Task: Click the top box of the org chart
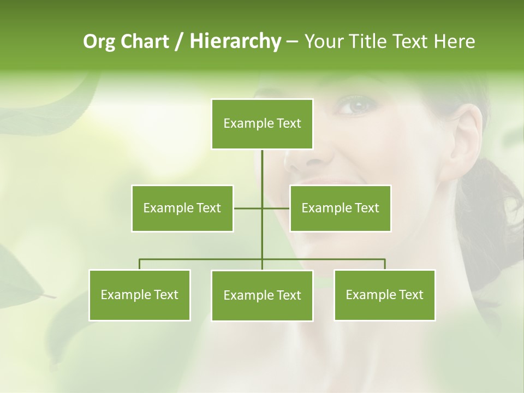262,124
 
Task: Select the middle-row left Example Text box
182,208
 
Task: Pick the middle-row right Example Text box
340,208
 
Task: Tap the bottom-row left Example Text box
140,295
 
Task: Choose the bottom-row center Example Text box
262,295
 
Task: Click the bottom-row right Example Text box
384,295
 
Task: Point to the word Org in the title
100,41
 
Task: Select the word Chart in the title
144,41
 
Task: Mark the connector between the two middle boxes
261,208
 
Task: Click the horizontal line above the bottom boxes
202,259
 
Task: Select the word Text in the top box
288,123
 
